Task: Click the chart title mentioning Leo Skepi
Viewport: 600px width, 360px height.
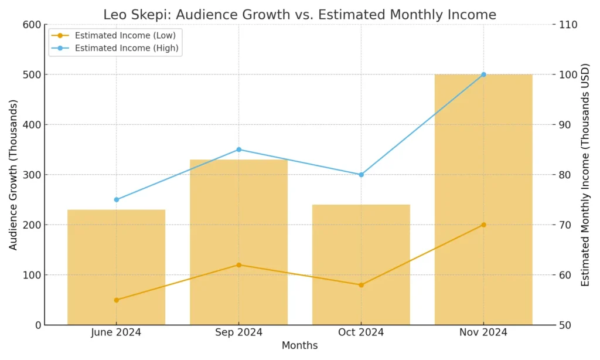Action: (299, 15)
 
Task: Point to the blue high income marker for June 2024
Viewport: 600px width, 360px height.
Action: (116, 199)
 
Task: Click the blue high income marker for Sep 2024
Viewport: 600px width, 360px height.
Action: (238, 150)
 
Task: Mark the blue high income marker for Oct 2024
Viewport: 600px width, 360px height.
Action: (361, 175)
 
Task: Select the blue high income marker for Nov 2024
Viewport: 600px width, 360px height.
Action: (483, 74)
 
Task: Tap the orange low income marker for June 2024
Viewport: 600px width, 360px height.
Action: (116, 300)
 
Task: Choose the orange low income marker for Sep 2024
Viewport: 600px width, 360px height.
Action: (238, 264)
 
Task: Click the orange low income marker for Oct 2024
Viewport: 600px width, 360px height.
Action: (361, 285)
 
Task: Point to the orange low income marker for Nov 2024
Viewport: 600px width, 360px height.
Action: (483, 225)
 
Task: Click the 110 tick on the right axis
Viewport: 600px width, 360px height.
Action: (569, 25)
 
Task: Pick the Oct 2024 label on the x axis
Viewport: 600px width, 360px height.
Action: (361, 332)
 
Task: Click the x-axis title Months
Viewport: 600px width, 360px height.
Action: (299, 346)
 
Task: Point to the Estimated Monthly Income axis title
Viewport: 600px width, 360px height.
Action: (585, 175)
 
